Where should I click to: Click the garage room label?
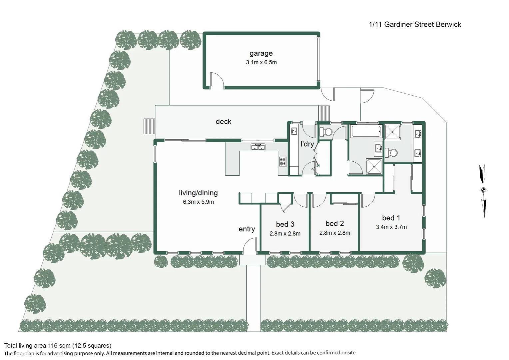(261, 53)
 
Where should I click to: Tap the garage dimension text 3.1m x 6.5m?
(261, 62)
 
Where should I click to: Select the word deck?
(224, 121)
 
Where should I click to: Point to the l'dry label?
(307, 144)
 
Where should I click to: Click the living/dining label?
(199, 193)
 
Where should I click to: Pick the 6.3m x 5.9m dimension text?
(199, 202)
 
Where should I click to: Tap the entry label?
(247, 229)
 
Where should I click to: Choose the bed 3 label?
(285, 224)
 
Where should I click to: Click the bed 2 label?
(335, 224)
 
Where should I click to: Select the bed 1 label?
(391, 218)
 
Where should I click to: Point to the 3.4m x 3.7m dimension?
(391, 227)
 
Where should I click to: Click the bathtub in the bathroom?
(366, 131)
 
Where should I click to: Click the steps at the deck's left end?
(149, 126)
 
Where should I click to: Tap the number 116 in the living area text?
(53, 346)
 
